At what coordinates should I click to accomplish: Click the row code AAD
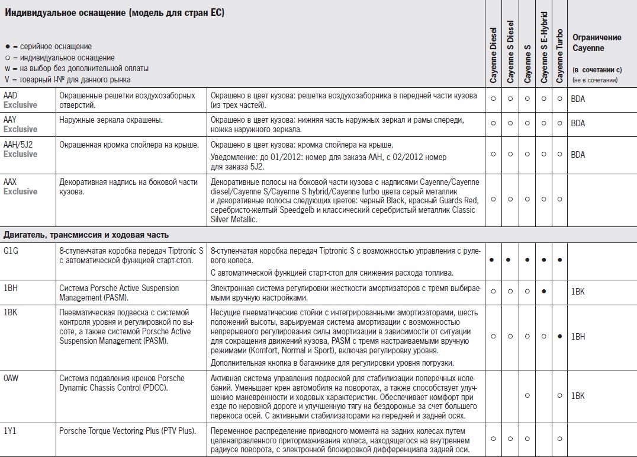coord(11,95)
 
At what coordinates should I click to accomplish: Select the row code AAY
coord(11,120)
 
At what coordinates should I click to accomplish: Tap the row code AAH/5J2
coord(18,145)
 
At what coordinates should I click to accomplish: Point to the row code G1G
coord(11,251)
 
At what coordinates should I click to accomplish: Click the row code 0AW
coord(11,378)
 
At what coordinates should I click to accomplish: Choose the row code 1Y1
coord(9,431)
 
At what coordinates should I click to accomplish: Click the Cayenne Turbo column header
coord(560,56)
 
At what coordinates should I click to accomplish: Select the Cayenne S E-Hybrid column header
coord(543,47)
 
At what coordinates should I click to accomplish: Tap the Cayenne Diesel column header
coord(493,53)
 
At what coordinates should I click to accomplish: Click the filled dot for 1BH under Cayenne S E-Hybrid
coord(543,292)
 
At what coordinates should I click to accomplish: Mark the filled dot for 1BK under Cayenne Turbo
coord(560,336)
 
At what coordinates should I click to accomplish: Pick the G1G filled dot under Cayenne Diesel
coord(493,260)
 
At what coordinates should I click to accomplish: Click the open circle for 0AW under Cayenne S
coord(527,395)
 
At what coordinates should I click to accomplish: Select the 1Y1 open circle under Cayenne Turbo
coord(560,439)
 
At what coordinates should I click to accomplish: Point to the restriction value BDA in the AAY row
coord(578,123)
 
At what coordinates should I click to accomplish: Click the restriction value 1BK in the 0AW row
coord(578,395)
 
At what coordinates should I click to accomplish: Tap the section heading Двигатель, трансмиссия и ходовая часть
coord(86,235)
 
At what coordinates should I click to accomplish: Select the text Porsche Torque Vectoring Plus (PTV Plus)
coord(128,431)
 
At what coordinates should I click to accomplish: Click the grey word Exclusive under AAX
coord(20,191)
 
